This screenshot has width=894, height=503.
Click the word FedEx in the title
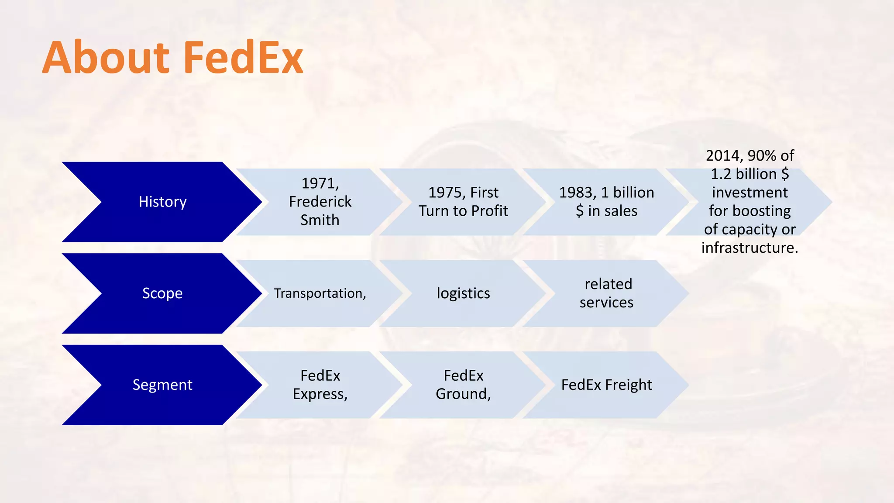243,58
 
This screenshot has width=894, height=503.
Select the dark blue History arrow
162,202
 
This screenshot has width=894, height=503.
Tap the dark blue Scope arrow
162,293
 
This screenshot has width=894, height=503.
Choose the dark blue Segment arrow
162,385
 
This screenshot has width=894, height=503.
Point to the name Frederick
320,202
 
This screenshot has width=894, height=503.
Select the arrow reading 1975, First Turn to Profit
463,202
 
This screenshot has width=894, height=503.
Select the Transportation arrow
320,293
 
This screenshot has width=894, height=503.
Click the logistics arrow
463,293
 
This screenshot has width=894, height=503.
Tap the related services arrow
606,293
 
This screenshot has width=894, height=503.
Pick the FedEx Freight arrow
606,385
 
